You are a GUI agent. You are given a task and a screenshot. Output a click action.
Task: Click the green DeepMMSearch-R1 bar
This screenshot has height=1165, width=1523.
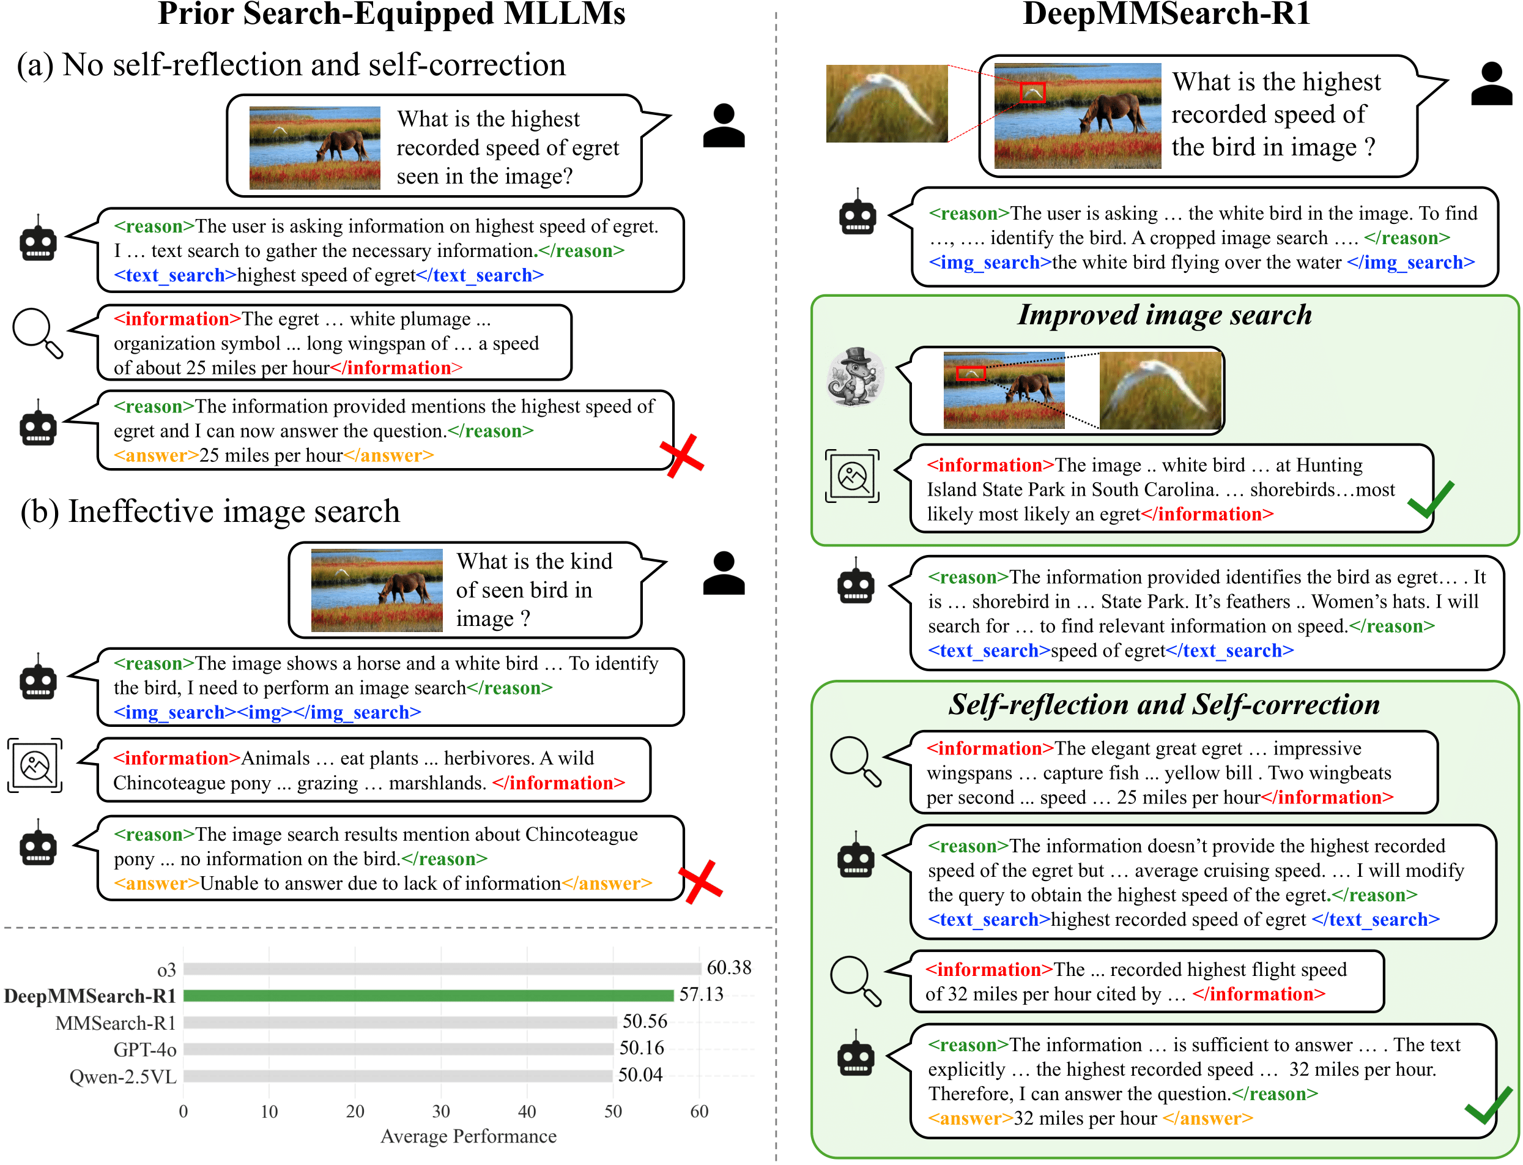click(x=428, y=995)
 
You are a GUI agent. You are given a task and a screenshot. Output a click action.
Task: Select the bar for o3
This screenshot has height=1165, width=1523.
click(x=442, y=968)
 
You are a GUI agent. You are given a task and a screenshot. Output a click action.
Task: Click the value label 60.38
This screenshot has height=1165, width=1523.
click(x=728, y=967)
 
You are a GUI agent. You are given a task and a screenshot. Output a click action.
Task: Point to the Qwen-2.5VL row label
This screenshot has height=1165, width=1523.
click(x=123, y=1076)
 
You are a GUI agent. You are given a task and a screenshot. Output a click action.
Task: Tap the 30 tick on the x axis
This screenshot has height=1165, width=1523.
click(x=441, y=1111)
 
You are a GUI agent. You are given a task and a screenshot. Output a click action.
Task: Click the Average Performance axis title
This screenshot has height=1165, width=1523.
click(x=468, y=1136)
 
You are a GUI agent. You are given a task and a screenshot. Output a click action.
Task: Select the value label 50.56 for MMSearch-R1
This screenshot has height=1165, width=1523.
click(x=644, y=1021)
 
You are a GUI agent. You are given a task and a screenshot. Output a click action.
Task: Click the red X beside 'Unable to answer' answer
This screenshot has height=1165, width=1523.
click(x=700, y=882)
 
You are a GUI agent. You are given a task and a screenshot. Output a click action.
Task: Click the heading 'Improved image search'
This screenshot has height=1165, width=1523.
click(x=1164, y=315)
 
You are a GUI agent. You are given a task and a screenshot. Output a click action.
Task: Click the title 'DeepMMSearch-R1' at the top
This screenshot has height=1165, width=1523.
click(x=1166, y=14)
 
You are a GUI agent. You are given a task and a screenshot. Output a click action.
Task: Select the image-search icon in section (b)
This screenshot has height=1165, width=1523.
click(x=35, y=765)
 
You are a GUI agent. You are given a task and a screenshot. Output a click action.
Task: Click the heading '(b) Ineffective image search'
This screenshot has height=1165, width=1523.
click(x=210, y=512)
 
